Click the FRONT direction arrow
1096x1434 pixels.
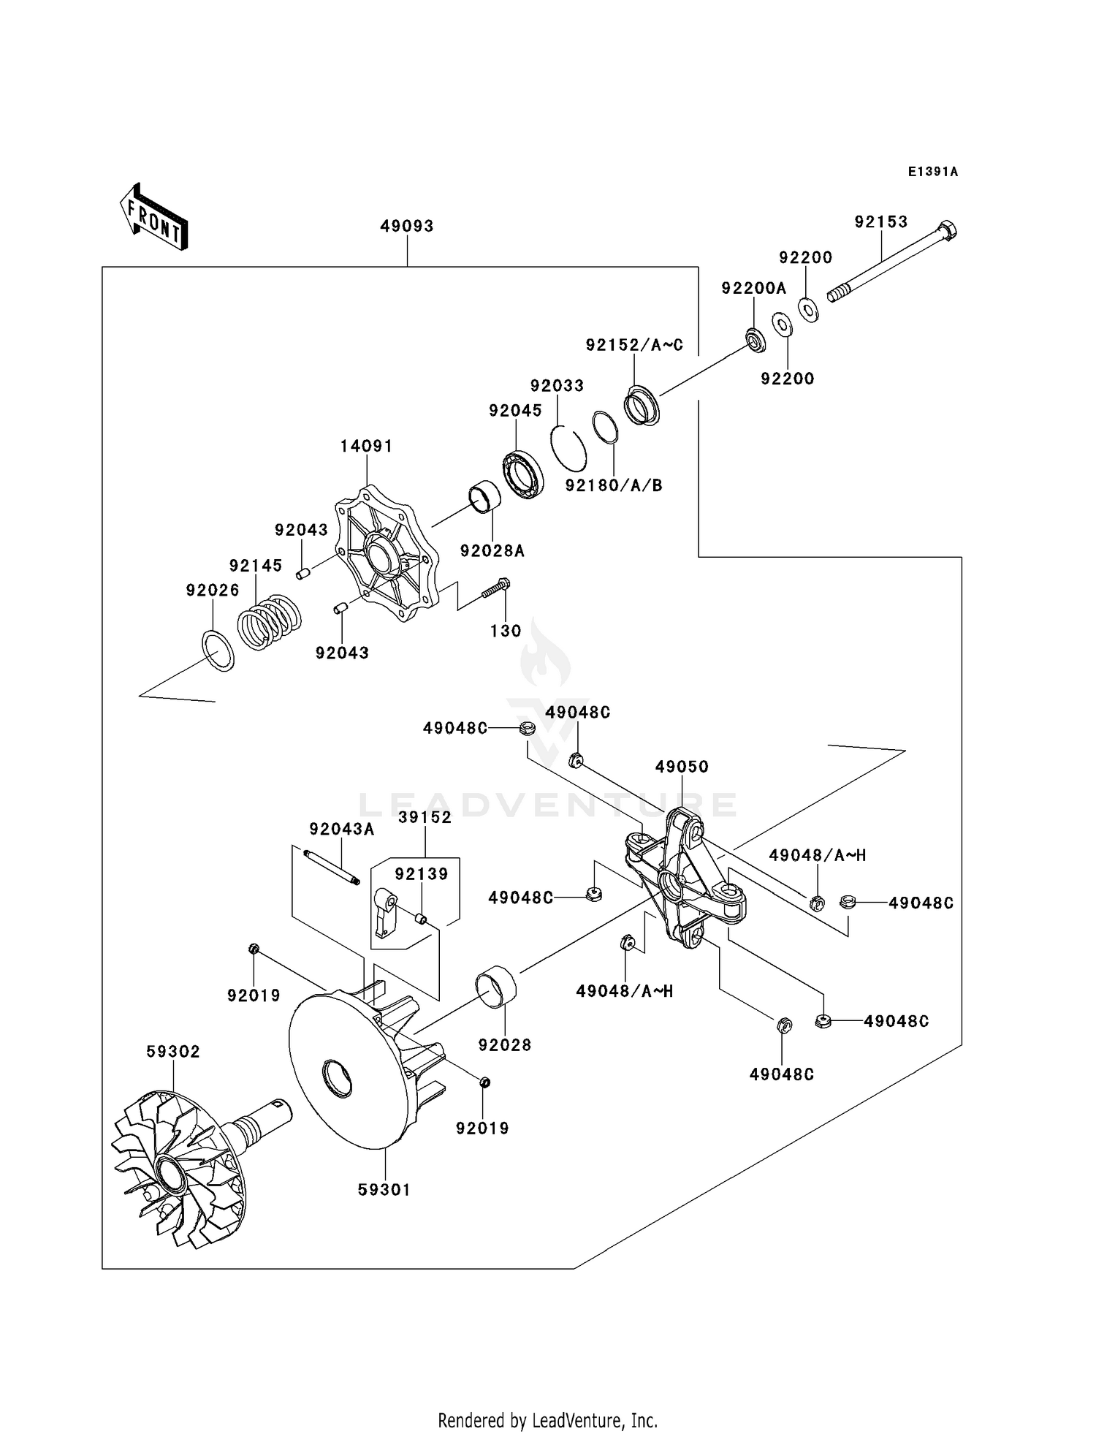click(x=154, y=217)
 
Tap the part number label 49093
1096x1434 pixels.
click(x=407, y=227)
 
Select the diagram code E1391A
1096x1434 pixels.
click(x=932, y=172)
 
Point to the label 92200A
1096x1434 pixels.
click(x=753, y=289)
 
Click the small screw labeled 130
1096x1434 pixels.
click(x=496, y=589)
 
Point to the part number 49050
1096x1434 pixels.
click(x=681, y=767)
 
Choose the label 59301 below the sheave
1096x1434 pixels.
click(x=384, y=1190)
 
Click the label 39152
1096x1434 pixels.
click(x=425, y=817)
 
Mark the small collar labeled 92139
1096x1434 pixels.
click(x=421, y=918)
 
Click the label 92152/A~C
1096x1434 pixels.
click(x=634, y=345)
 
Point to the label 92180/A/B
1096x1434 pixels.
click(x=614, y=485)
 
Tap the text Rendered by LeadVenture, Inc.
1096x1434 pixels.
click(x=547, y=1420)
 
